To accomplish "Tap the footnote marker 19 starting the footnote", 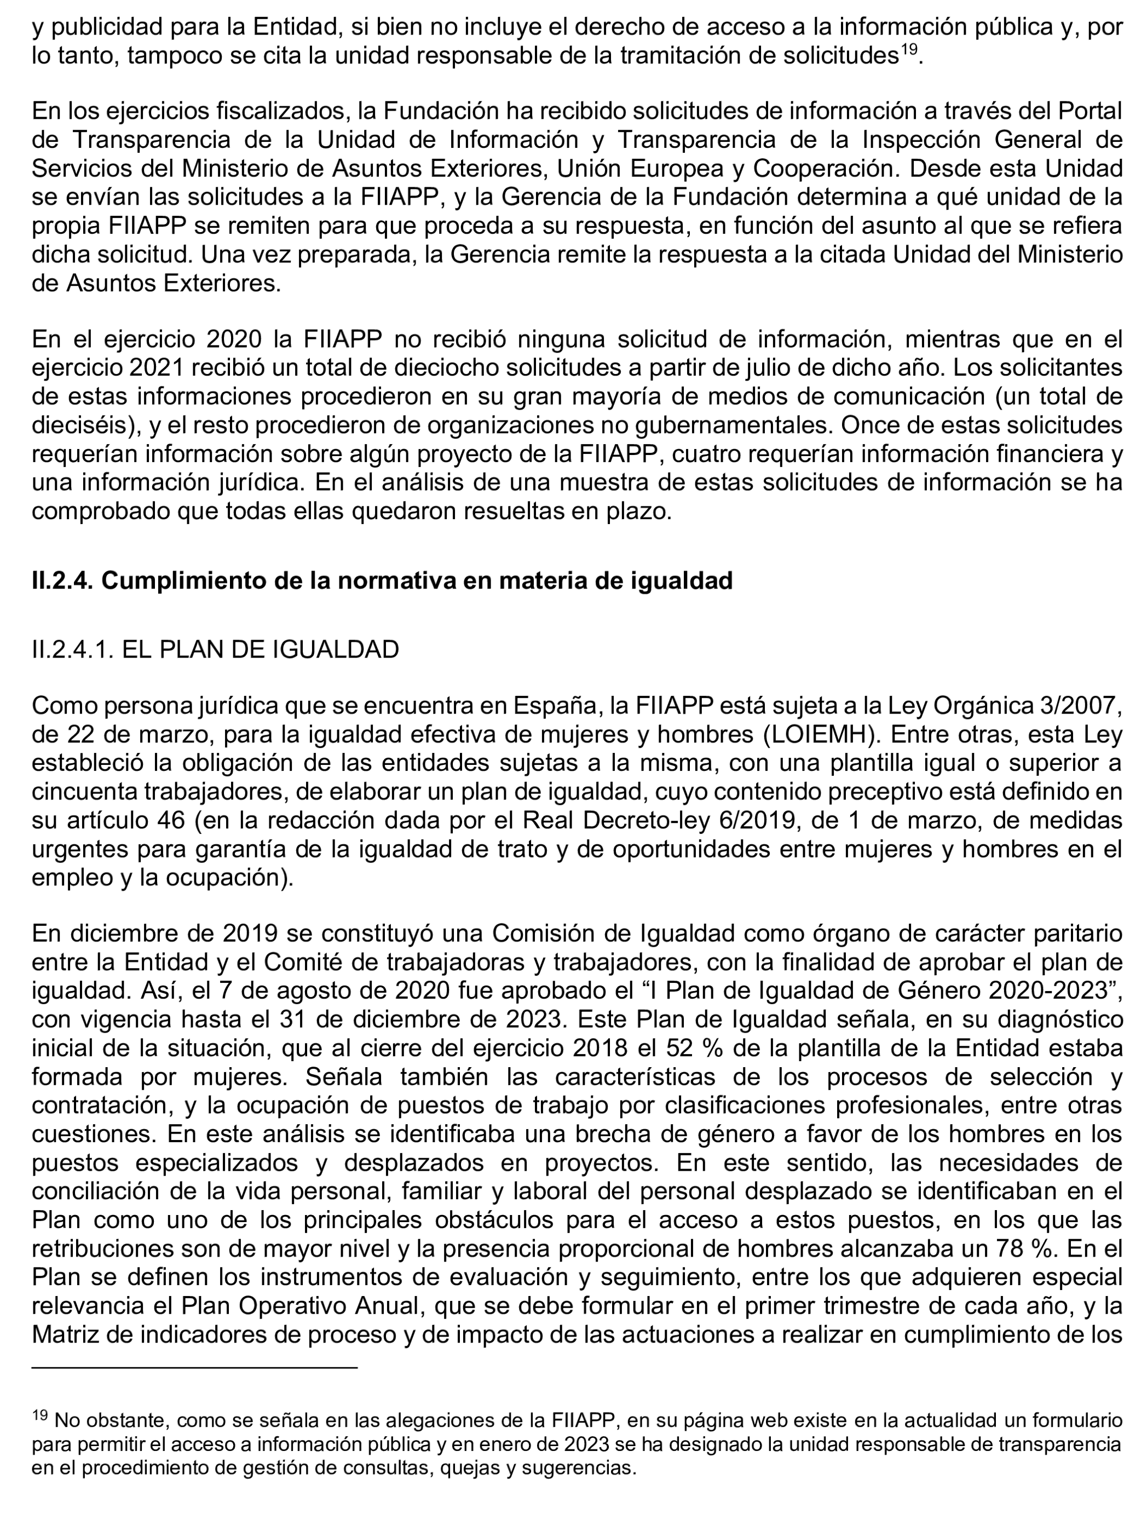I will coord(39,1415).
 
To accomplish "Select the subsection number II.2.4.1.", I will coord(72,649).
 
